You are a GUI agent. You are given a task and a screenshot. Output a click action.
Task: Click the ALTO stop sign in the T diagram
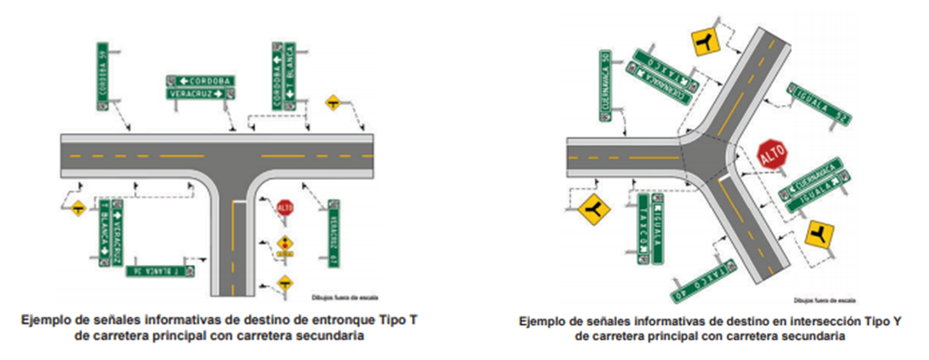[x=284, y=208]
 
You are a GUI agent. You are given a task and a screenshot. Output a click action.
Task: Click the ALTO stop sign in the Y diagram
[x=771, y=154]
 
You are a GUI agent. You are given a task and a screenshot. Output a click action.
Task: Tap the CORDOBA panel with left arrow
[x=201, y=81]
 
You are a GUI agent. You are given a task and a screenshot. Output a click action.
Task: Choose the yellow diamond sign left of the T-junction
[x=78, y=208]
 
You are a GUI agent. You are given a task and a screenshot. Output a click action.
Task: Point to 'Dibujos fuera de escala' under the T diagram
[x=336, y=297]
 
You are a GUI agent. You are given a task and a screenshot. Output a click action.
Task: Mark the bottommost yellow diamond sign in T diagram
[x=285, y=282]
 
